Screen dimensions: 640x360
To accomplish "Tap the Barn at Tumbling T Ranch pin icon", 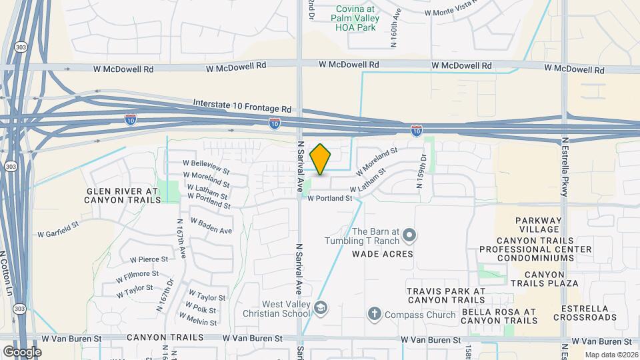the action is (x=409, y=236).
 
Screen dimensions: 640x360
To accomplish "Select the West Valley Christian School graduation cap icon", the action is (x=321, y=307).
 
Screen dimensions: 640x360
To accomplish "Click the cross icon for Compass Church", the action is (x=375, y=313).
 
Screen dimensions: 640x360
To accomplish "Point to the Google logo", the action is (x=22, y=351).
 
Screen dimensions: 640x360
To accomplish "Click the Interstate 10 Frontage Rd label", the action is (x=243, y=105).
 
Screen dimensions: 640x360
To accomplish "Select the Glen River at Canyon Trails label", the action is (x=122, y=195).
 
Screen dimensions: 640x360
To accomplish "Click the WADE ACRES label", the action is (x=383, y=254).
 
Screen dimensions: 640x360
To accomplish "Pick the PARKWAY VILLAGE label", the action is (x=539, y=225).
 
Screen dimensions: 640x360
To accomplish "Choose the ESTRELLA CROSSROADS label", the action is (x=589, y=313).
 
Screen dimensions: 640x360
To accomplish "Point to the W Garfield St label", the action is (x=58, y=234).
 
